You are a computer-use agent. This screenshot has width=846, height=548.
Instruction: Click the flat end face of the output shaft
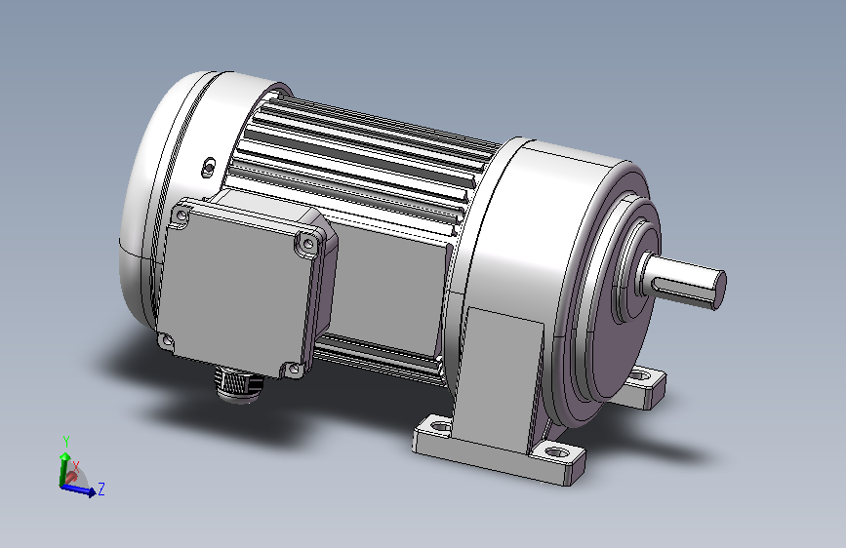(719, 291)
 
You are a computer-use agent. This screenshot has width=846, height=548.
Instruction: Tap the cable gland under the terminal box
(238, 384)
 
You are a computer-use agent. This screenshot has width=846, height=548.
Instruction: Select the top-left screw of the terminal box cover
(181, 216)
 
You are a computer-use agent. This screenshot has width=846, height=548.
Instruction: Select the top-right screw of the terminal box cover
(308, 244)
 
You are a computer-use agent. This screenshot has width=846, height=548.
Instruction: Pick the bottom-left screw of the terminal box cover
(167, 340)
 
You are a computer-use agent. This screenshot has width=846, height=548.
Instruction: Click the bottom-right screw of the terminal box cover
(294, 369)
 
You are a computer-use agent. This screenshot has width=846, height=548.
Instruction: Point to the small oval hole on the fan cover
(208, 167)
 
